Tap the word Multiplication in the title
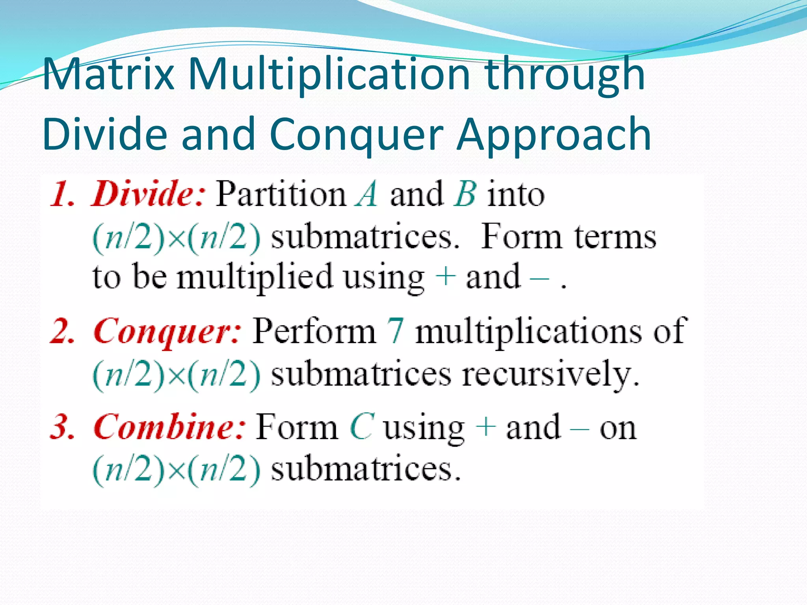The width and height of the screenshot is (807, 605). coord(329,75)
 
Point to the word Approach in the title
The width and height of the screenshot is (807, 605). coord(553,135)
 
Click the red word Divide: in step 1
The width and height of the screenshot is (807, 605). coord(148,194)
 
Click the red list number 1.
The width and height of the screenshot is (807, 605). coord(62,194)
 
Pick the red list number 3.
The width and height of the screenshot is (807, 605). coord(62,427)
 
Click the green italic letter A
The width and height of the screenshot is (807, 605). coord(366,194)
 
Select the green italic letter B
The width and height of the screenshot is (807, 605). coord(465,194)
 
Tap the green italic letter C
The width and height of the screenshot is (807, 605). coord(361,427)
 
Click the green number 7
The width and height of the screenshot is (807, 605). coord(395,331)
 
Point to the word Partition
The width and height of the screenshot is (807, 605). coord(281,194)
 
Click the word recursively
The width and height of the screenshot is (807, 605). coord(550,375)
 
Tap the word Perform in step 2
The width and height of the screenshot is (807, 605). coord(314,331)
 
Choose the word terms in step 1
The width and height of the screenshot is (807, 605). coord(615,237)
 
